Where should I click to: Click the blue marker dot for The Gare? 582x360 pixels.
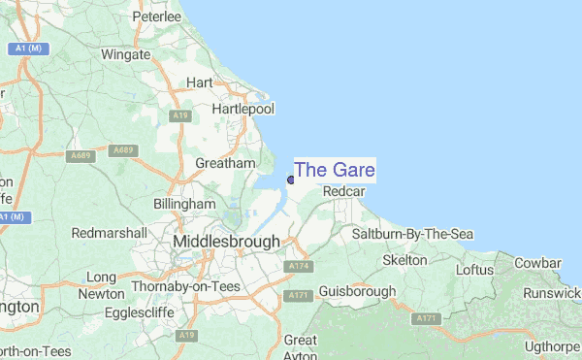tap(291, 179)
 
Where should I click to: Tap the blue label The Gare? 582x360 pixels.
tap(335, 170)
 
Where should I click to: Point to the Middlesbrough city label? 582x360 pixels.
tap(225, 241)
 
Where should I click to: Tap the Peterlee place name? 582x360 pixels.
tap(157, 16)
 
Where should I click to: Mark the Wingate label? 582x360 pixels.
tap(125, 54)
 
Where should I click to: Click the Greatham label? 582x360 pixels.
tap(225, 163)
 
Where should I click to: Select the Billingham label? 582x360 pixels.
tap(184, 205)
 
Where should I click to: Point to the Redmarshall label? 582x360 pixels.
tap(109, 234)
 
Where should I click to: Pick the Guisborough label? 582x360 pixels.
tap(357, 290)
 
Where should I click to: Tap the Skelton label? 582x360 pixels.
tap(404, 260)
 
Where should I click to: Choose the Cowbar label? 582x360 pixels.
tap(538, 263)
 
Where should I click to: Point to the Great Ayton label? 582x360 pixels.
tap(301, 347)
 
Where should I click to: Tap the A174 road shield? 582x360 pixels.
tap(297, 265)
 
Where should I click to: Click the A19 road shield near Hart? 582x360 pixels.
tap(179, 115)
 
